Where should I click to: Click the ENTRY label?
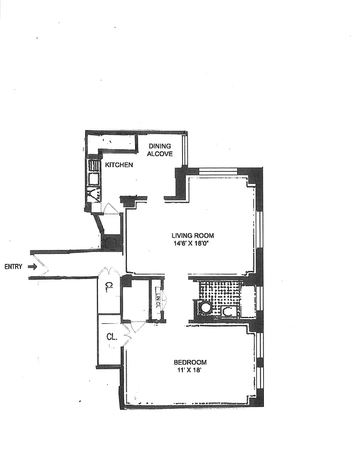click(x=13, y=267)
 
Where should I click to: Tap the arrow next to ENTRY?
click(x=33, y=267)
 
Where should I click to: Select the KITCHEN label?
click(x=119, y=165)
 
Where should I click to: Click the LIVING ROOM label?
click(x=192, y=235)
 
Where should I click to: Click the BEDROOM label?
click(x=189, y=362)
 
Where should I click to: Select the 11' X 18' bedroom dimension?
click(x=189, y=370)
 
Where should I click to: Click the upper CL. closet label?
click(x=110, y=286)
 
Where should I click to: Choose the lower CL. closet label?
click(x=112, y=337)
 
